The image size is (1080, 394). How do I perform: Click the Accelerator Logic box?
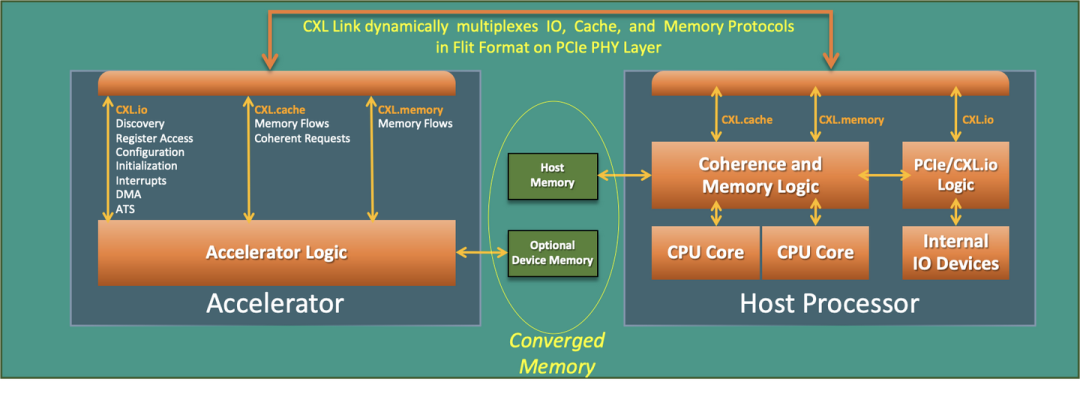[x=276, y=252]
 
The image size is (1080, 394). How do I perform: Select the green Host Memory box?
[x=552, y=176]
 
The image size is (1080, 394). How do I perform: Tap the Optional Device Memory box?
[x=552, y=253]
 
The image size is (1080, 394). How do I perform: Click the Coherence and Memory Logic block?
[x=761, y=175]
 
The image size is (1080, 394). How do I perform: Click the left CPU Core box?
[x=705, y=252]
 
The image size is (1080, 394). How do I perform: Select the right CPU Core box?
[x=815, y=252]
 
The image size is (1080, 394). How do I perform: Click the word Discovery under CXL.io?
[x=140, y=124]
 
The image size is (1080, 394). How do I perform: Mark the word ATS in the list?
[x=125, y=209]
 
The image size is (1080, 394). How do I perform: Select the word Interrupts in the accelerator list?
[x=141, y=181]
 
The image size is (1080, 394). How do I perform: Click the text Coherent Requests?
[x=302, y=138]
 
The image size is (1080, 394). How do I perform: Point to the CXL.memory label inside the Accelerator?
[x=410, y=110]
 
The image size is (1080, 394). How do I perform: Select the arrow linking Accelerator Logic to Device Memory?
[x=481, y=253]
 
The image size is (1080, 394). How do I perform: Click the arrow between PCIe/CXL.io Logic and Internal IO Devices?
[x=956, y=212]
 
